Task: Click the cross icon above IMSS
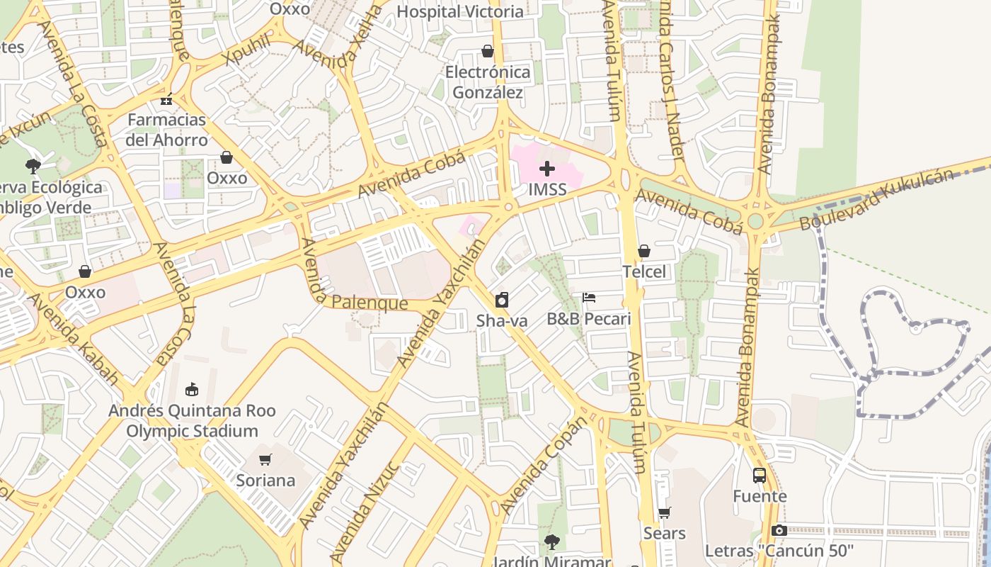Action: (x=546, y=169)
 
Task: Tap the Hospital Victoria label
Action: (x=460, y=11)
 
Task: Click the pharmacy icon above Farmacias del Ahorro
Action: (x=166, y=99)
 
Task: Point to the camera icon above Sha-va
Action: (x=501, y=300)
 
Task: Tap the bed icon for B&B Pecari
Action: (x=589, y=298)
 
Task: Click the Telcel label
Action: (x=644, y=271)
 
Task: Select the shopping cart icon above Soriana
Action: (x=265, y=459)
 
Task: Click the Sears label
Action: (x=664, y=533)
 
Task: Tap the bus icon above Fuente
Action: (x=760, y=475)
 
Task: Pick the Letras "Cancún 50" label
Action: (x=779, y=551)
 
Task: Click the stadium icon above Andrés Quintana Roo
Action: (x=191, y=389)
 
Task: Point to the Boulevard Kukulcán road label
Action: (x=876, y=200)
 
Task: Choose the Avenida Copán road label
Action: (x=544, y=465)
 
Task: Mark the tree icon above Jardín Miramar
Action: (x=551, y=542)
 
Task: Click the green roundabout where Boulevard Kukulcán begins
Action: (x=756, y=220)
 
